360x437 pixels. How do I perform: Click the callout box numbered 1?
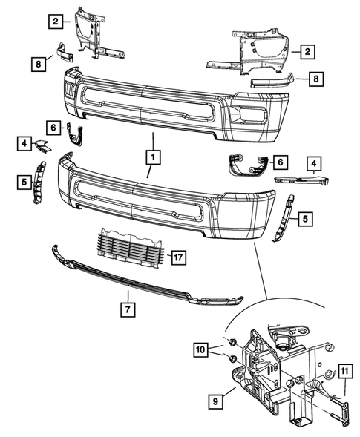tap(152, 157)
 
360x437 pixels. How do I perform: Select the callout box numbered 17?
tap(177, 257)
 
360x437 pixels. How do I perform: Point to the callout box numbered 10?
tap(201, 349)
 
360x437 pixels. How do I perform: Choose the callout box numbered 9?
tap(215, 401)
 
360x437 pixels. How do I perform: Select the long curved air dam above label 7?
tap(141, 277)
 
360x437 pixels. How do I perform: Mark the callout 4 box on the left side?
tap(24, 142)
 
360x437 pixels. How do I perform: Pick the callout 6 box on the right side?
tap(280, 161)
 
